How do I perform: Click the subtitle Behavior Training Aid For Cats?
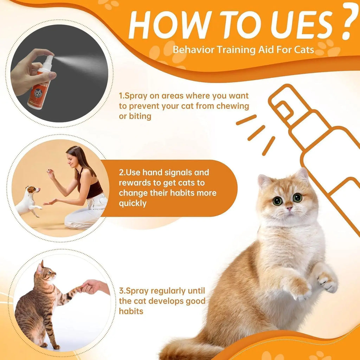[243, 49]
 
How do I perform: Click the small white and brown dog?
[29, 200]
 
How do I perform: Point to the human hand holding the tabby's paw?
[92, 286]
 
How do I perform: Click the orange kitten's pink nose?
[289, 208]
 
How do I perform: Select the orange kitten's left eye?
[277, 201]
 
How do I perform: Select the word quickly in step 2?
[133, 203]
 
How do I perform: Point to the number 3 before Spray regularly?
[121, 291]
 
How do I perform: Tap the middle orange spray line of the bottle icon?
[256, 133]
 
